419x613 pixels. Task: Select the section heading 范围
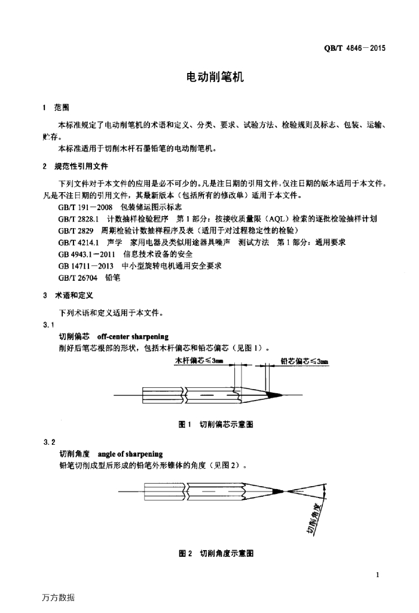[62, 108]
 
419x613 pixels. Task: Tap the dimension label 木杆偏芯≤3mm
[199, 361]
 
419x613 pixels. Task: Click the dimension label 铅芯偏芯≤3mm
[305, 362]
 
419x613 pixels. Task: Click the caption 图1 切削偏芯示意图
[217, 424]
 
